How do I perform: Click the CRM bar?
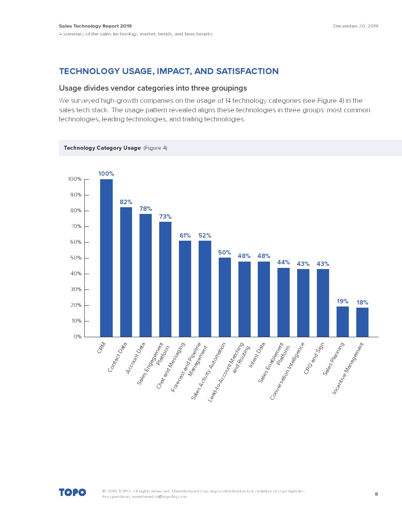(106, 258)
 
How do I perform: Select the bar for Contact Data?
(126, 272)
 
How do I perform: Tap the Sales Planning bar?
(342, 321)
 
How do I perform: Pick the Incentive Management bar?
(362, 322)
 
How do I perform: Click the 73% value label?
(165, 217)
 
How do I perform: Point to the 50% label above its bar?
(224, 253)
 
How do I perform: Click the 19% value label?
(342, 301)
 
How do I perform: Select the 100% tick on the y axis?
(75, 179)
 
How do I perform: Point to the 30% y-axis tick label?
(76, 290)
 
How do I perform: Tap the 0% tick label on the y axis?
(78, 337)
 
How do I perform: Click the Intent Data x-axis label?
(257, 355)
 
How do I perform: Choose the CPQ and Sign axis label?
(314, 358)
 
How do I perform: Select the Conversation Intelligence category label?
(287, 371)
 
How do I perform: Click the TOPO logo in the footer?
(73, 492)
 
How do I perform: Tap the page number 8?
(376, 494)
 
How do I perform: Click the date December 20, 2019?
(355, 26)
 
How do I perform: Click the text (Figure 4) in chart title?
(155, 148)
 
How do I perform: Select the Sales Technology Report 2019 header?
(95, 26)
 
